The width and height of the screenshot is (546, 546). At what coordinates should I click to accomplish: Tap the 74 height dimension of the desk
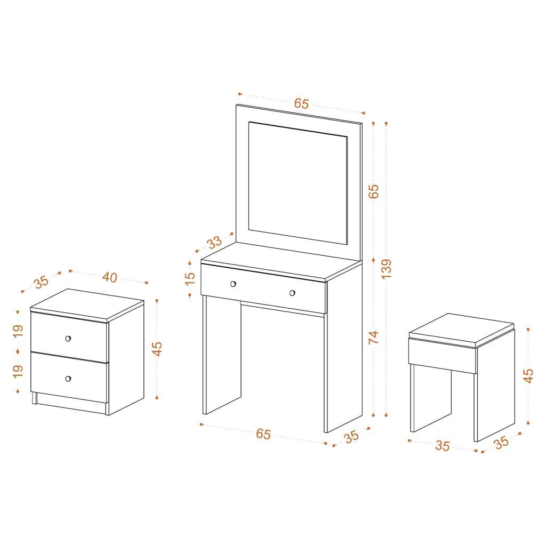coord(373,338)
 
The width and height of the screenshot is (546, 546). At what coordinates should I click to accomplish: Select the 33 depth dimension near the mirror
coord(214,243)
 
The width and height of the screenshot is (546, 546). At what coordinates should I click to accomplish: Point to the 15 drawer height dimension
coord(190,279)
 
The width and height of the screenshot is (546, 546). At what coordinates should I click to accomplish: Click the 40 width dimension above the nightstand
coord(109,277)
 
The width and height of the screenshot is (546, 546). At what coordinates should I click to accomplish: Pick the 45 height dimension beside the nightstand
coord(157,348)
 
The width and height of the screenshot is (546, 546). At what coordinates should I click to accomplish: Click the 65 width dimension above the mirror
coord(301,103)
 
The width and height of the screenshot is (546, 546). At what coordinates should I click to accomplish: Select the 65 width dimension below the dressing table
coord(263,434)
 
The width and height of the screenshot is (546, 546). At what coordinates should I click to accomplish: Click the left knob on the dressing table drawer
coord(233,284)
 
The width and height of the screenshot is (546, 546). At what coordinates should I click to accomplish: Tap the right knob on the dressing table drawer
coord(292,293)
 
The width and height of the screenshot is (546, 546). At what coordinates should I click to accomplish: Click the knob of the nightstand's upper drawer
coord(68,339)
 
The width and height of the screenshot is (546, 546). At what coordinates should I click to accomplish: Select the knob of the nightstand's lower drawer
coord(68,379)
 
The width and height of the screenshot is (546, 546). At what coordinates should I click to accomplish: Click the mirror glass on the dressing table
coord(298,182)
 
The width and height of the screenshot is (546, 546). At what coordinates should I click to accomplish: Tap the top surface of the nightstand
coord(87,303)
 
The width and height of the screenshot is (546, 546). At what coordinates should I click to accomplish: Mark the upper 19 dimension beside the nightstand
coord(19,331)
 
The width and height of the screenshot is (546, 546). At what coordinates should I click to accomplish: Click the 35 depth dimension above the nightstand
coord(42,281)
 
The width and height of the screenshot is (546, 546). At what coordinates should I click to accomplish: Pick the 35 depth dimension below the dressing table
coord(351,437)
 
